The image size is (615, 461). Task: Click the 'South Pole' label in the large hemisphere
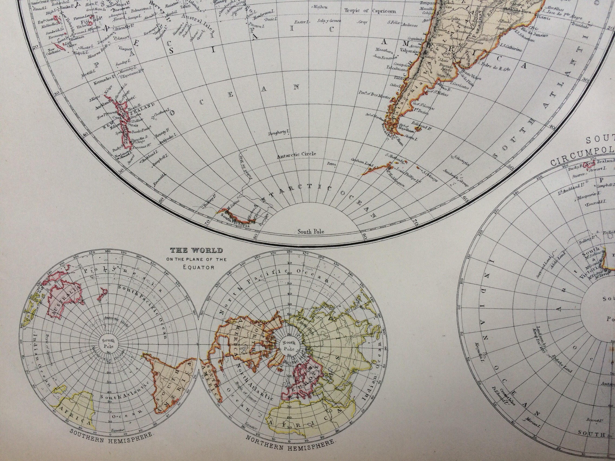point(310,231)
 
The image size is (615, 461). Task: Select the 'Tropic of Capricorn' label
point(370,11)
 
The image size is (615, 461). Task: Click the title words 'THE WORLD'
point(197,250)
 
